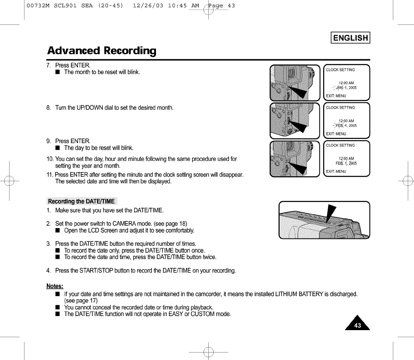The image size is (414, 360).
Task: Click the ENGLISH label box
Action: (350, 38)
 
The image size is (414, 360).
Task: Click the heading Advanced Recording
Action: (102, 51)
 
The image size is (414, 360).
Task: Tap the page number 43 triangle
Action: (357, 324)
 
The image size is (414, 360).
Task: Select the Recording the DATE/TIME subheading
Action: (81, 202)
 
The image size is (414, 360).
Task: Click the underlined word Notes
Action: (55, 286)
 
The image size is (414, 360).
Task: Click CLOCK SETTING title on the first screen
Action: (340, 70)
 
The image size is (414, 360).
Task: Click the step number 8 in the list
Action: (49, 108)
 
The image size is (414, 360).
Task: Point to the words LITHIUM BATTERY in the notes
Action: (302, 294)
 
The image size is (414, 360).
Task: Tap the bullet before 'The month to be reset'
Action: (58, 73)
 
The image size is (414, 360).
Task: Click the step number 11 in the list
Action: (50, 174)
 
